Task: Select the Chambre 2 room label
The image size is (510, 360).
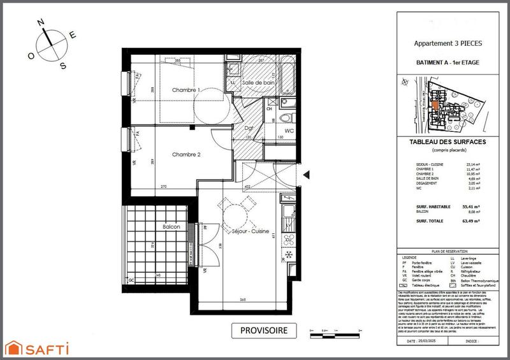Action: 186,154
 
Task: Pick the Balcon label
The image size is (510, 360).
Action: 171,226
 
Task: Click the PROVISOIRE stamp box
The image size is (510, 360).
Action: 263,330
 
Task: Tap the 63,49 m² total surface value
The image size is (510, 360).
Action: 470,222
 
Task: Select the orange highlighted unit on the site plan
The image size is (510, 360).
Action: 435,105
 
